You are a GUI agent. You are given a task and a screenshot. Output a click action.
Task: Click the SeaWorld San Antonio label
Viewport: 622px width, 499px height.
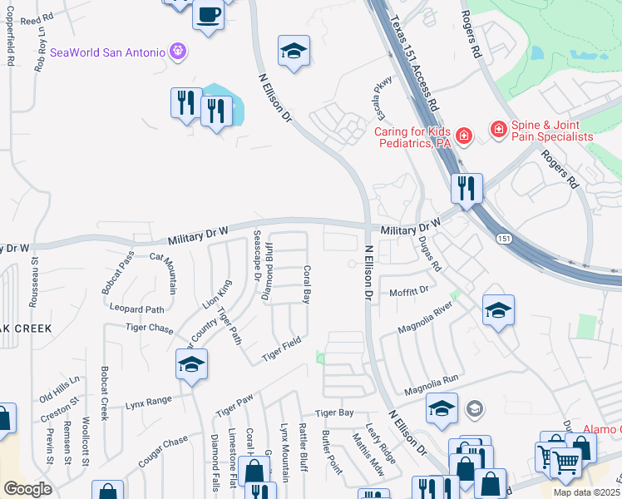pyautogui.click(x=108, y=52)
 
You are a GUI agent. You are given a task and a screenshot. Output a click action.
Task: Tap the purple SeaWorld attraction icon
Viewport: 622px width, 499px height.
pyautogui.click(x=177, y=52)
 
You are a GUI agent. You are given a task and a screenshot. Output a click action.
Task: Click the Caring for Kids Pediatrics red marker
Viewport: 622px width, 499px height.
pyautogui.click(x=463, y=134)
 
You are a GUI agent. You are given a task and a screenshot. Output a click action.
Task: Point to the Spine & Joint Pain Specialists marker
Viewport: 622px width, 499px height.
pyautogui.click(x=498, y=129)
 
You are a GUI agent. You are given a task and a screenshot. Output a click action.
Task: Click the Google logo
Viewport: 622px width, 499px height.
pyautogui.click(x=27, y=489)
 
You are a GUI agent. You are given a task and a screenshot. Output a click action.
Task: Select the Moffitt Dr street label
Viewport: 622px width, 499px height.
pyautogui.click(x=408, y=292)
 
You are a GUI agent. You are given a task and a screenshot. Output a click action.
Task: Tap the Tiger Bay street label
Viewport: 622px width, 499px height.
pyautogui.click(x=334, y=413)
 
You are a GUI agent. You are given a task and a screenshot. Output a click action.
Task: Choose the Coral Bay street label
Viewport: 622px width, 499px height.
pyautogui.click(x=307, y=284)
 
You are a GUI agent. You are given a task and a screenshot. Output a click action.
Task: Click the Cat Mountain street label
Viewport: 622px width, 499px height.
pyautogui.click(x=165, y=272)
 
